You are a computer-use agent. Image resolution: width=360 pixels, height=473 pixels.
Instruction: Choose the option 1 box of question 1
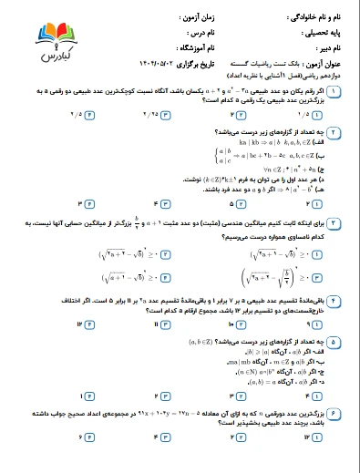pos(315,116)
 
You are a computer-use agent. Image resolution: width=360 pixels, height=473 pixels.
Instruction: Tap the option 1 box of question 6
pos(315,462)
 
